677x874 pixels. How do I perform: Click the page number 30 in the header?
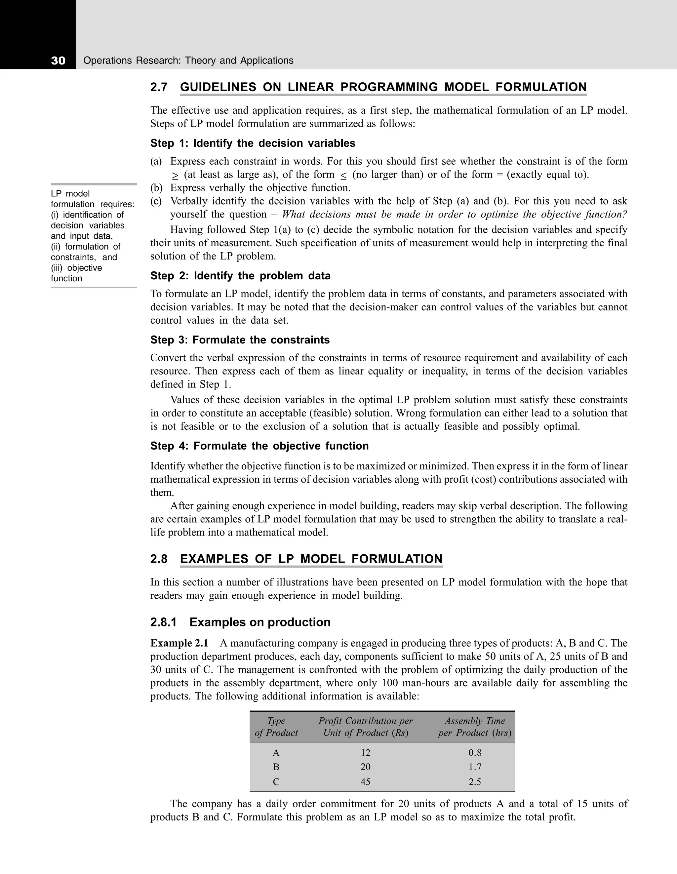pyautogui.click(x=58, y=61)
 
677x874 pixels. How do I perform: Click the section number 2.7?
pyautogui.click(x=159, y=87)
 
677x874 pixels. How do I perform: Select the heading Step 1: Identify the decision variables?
pyautogui.click(x=253, y=143)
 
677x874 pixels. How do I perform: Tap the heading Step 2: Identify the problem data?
pyautogui.click(x=240, y=276)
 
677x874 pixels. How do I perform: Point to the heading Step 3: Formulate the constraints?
pyautogui.click(x=240, y=340)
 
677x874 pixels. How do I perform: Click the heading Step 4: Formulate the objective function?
pyautogui.click(x=259, y=446)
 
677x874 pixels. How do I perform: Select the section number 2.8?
pyautogui.click(x=159, y=559)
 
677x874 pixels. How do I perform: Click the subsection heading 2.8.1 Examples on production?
pyautogui.click(x=240, y=622)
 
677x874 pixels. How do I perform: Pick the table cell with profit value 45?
pyautogui.click(x=365, y=781)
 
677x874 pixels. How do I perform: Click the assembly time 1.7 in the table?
pyautogui.click(x=475, y=767)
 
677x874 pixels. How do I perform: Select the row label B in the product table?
pyautogui.click(x=276, y=767)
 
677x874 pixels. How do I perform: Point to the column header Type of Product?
pyautogui.click(x=276, y=727)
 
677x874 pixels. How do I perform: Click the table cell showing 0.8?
pyautogui.click(x=475, y=753)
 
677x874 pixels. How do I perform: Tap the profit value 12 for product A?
pyautogui.click(x=365, y=753)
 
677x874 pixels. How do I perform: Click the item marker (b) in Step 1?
pyautogui.click(x=156, y=188)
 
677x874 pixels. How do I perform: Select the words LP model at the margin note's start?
pyautogui.click(x=70, y=194)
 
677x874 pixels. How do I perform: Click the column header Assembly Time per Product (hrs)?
pyautogui.click(x=475, y=727)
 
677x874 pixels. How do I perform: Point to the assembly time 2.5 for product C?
pyautogui.click(x=475, y=781)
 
